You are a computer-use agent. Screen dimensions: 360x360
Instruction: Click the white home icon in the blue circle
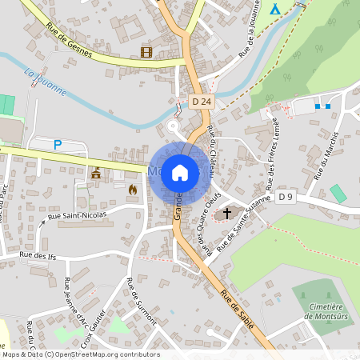pos(180,172)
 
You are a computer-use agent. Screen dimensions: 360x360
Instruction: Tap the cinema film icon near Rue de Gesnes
pos(146,52)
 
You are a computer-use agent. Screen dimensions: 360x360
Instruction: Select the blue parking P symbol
pos(57,145)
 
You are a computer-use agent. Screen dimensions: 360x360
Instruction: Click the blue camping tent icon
pos(274,9)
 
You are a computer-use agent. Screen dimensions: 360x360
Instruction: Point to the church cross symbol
pos(227,213)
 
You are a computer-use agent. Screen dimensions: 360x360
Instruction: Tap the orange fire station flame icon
pos(132,189)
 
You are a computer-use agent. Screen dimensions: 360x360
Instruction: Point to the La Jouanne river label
pos(45,81)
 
